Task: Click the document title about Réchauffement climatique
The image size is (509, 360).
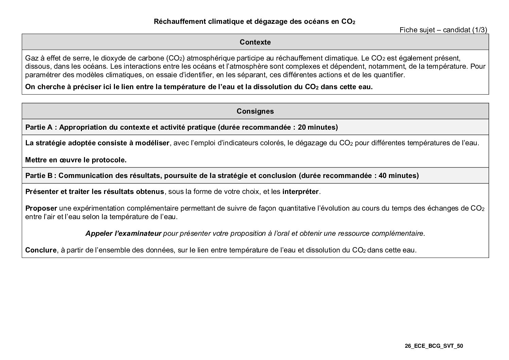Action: (255, 21)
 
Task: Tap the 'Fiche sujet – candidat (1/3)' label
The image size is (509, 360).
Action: (443, 30)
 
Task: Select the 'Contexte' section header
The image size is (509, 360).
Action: (255, 42)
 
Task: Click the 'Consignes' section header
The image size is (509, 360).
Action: (255, 111)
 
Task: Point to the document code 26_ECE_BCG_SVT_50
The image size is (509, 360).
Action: (434, 346)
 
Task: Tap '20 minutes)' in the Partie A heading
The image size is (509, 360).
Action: (318, 127)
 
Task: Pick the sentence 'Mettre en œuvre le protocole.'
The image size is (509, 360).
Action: (76, 160)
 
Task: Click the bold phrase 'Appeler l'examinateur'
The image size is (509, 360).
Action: (123, 233)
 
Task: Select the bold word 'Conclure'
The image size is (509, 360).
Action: (40, 250)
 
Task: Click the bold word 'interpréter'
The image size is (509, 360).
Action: (300, 192)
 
